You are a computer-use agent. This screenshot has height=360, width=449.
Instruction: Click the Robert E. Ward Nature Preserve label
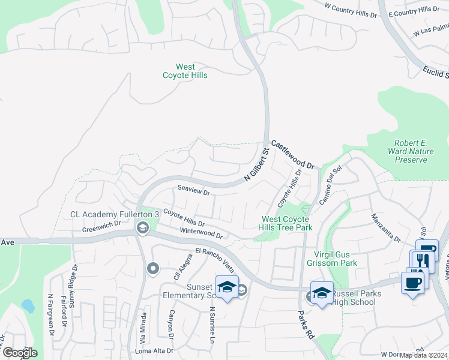(411, 151)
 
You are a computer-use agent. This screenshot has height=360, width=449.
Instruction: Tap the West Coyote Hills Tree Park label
(286, 223)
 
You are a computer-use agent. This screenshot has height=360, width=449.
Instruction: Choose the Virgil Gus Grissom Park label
(332, 258)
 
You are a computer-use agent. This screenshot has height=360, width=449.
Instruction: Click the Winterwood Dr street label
(202, 233)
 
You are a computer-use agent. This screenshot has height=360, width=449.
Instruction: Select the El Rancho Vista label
(214, 256)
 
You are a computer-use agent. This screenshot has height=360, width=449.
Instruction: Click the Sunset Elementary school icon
(227, 287)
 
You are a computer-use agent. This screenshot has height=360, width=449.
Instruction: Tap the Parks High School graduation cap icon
(322, 292)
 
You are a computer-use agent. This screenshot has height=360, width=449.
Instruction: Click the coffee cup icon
(412, 283)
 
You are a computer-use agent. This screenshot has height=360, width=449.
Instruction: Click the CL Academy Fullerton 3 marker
(143, 227)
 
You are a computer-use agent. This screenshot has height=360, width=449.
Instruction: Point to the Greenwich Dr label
(101, 226)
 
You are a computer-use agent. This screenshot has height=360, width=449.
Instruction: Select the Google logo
(20, 353)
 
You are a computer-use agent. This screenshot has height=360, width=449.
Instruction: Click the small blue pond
(28, 305)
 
